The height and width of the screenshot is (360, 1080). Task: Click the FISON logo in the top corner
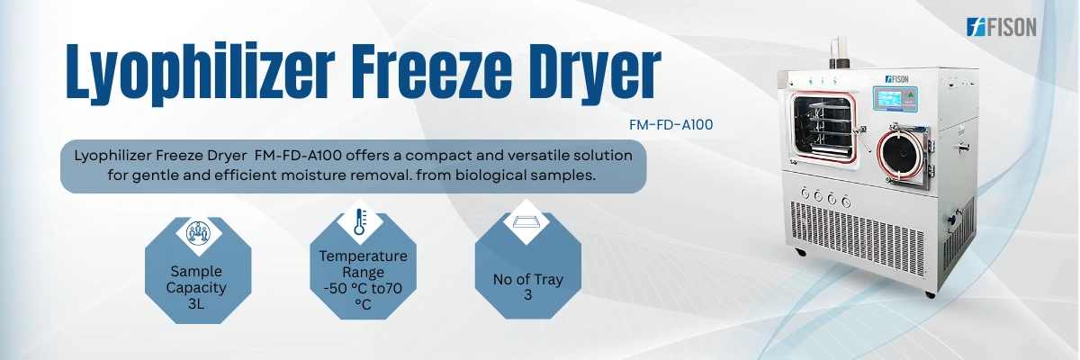coord(1001,27)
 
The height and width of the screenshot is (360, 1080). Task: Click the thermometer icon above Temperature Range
coord(359,221)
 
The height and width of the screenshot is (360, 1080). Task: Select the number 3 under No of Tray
coord(527,294)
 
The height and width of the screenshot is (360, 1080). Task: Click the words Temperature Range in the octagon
coord(363,264)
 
